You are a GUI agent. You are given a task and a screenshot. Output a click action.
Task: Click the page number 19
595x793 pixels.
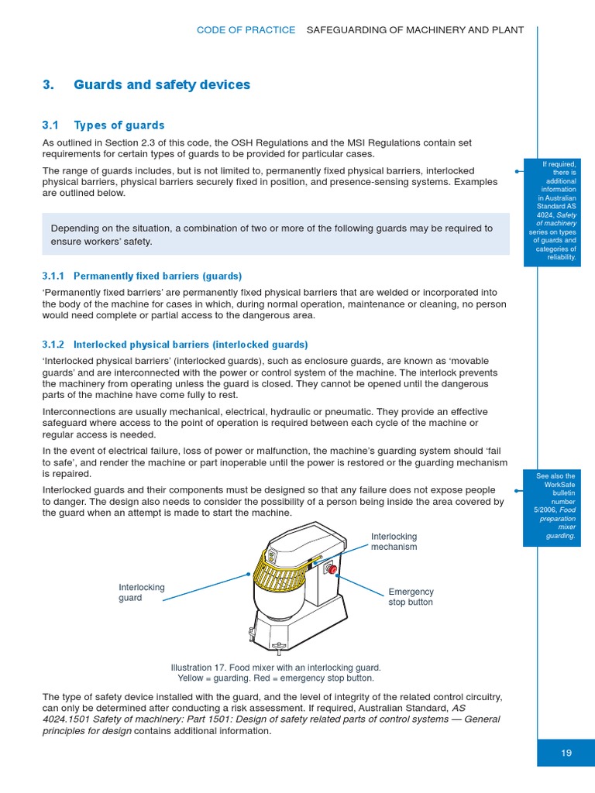pos(566,752)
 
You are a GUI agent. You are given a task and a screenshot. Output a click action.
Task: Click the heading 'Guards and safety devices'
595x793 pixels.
pos(162,84)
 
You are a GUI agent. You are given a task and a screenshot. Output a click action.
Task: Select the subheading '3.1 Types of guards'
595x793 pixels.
pos(103,125)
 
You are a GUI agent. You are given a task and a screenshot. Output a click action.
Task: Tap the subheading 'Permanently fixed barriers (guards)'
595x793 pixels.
pos(157,276)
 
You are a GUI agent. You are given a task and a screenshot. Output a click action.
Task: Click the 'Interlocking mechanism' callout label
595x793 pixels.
pos(394,541)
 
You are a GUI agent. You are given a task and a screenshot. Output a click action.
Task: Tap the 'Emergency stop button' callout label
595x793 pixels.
pos(411,597)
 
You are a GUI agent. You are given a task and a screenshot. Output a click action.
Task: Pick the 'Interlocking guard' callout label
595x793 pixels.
pos(141,592)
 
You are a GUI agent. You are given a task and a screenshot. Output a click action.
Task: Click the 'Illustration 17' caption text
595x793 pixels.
pos(275,672)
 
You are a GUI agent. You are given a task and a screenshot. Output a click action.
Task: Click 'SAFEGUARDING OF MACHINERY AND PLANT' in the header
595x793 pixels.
pos(415,30)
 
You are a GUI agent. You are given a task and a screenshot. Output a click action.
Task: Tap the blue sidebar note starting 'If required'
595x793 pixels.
pos(552,211)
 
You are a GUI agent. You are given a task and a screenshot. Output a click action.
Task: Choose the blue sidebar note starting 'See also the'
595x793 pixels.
pos(552,506)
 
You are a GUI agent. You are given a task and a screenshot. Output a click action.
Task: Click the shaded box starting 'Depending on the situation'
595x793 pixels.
pos(275,235)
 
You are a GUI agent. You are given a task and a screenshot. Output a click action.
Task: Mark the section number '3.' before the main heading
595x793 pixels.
pos(48,84)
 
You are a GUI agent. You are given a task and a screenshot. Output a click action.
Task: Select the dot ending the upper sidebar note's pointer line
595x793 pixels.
pos(515,170)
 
